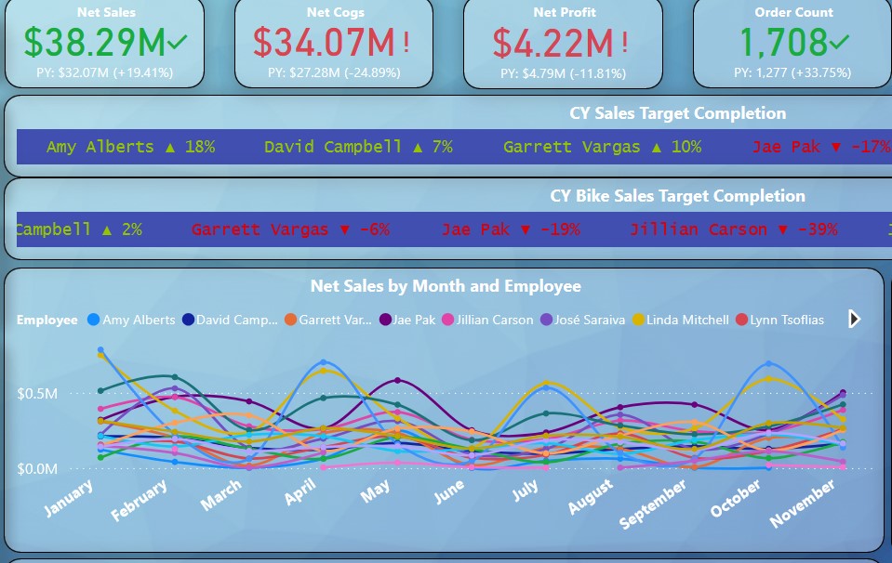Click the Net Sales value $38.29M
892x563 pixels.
click(x=94, y=43)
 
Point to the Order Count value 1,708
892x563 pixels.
click(x=783, y=43)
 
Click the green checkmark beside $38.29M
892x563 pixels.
click(x=178, y=42)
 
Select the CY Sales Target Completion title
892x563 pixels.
click(x=677, y=113)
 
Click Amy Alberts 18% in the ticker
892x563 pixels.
click(x=130, y=147)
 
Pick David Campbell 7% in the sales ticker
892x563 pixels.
click(x=358, y=147)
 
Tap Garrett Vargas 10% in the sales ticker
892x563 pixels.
click(x=602, y=147)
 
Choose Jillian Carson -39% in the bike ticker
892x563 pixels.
click(x=733, y=229)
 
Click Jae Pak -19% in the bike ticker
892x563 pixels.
click(x=510, y=229)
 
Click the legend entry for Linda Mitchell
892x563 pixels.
click(x=680, y=320)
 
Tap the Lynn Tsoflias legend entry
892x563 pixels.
click(x=779, y=320)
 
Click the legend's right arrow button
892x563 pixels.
click(x=854, y=320)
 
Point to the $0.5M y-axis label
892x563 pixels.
click(x=37, y=394)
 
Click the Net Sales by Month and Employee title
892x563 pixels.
click(x=446, y=286)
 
